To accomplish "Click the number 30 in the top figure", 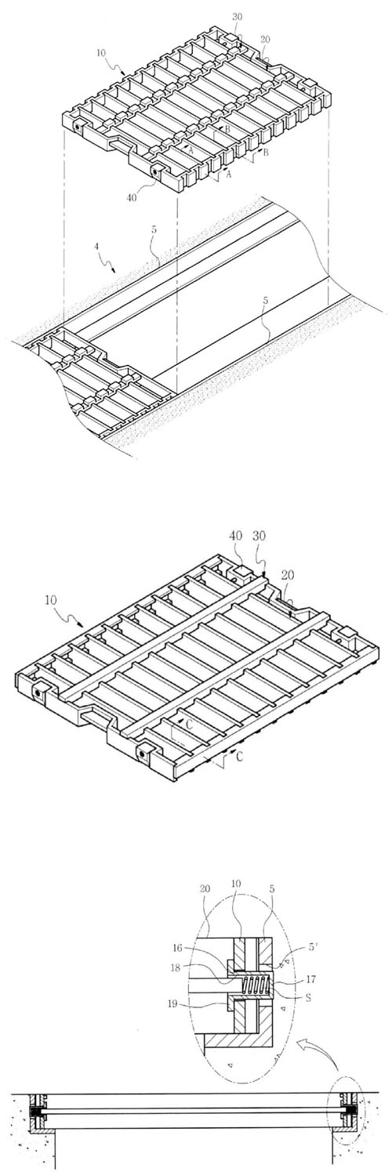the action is pyautogui.click(x=238, y=16).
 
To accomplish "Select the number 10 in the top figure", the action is pyautogui.click(x=102, y=53).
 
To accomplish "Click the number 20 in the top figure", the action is pyautogui.click(x=265, y=39).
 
